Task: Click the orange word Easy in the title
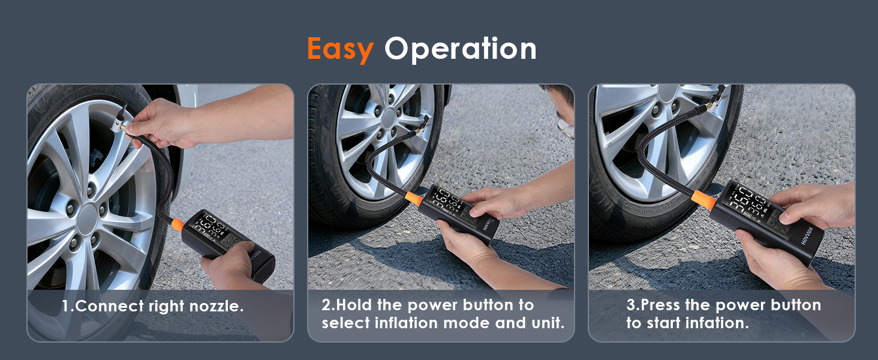339,49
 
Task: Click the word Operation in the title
460,49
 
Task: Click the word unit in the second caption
549,323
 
